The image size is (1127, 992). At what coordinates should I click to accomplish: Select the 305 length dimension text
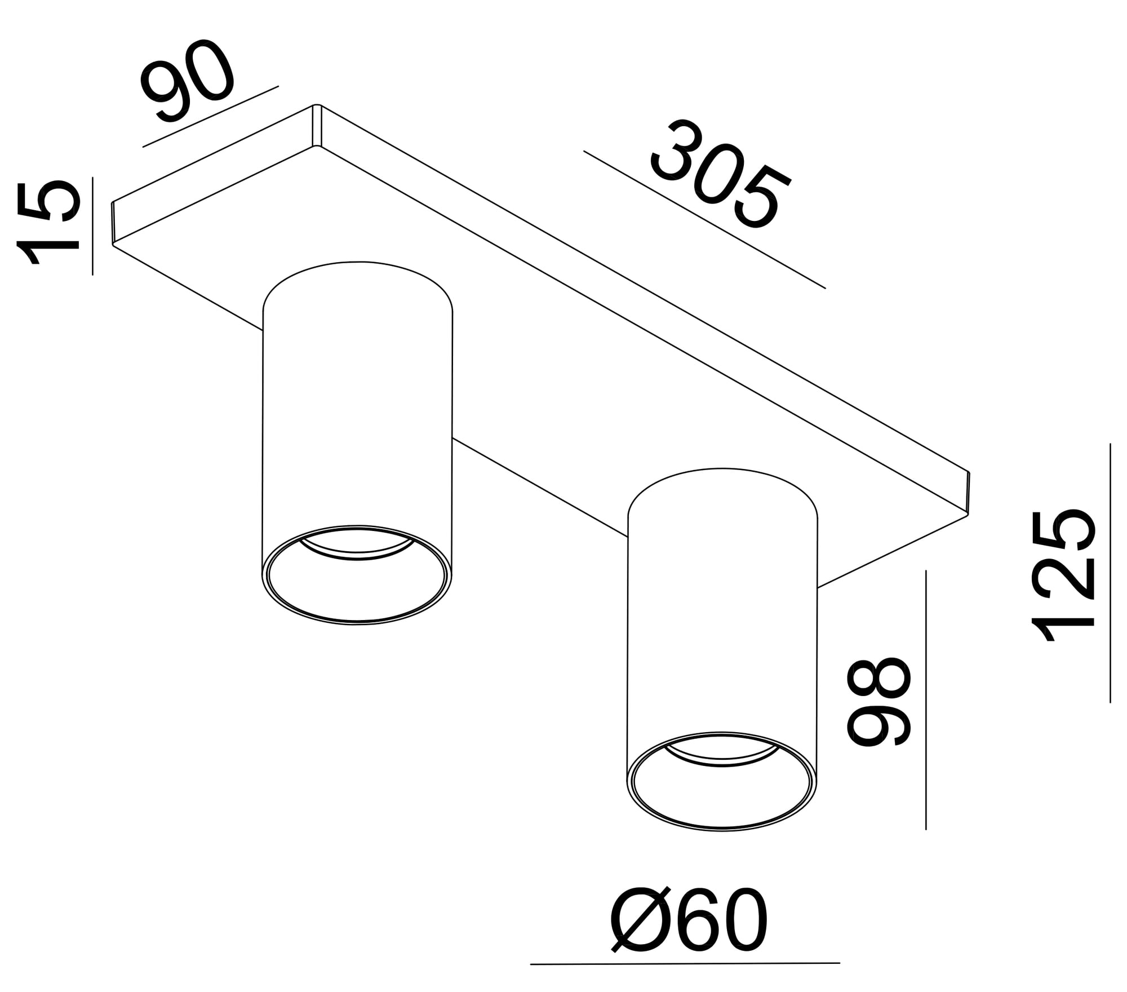point(721,175)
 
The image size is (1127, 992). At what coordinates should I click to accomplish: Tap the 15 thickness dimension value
point(47,222)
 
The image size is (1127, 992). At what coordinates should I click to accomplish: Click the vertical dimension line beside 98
point(926,699)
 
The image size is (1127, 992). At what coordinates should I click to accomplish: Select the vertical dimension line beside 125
point(1110,573)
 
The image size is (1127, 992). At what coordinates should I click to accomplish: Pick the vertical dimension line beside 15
point(92,226)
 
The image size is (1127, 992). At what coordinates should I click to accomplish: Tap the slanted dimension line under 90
point(211,117)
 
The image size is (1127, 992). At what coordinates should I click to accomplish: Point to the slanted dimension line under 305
point(704,219)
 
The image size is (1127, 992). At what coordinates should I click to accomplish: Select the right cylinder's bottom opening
point(722,781)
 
